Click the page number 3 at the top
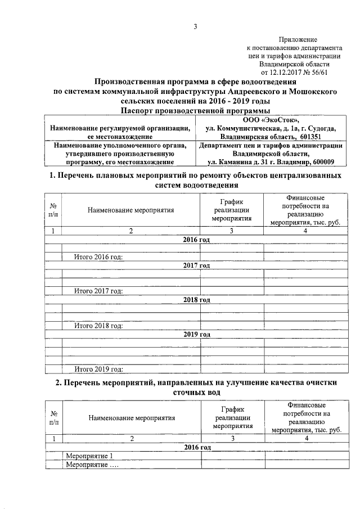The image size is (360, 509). [195, 26]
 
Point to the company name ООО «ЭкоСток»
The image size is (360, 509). [271, 120]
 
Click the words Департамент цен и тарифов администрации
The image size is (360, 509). [271, 145]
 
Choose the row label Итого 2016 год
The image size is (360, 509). [98, 258]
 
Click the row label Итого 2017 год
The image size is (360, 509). [98, 291]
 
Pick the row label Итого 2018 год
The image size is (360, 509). [98, 326]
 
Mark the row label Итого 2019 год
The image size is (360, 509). [98, 369]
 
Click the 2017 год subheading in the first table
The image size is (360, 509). [196, 265]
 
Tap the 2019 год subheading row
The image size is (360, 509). [196, 334]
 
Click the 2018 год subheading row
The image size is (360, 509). [196, 300]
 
